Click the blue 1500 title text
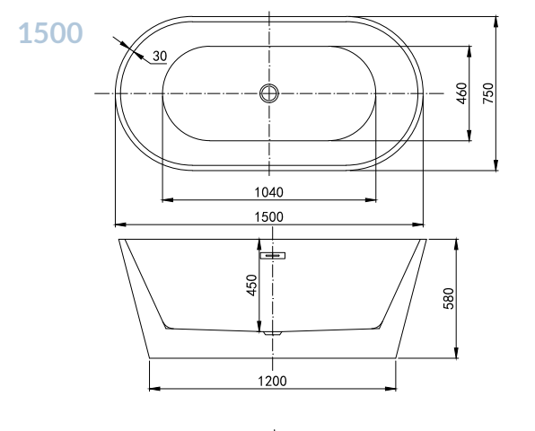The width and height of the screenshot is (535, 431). [x=50, y=33]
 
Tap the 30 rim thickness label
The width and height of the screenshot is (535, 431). [x=159, y=57]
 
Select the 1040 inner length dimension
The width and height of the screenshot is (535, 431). [x=268, y=191]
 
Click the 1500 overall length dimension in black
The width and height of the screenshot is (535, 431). [x=268, y=216]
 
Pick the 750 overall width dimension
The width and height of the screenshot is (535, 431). [x=487, y=93]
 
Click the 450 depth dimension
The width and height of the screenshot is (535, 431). [x=252, y=285]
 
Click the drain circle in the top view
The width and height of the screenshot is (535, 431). [x=269, y=92]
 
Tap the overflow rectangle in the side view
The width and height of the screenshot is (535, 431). [x=273, y=256]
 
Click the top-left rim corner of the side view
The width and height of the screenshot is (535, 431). [x=119, y=240]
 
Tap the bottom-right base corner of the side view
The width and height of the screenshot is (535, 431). [x=396, y=357]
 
